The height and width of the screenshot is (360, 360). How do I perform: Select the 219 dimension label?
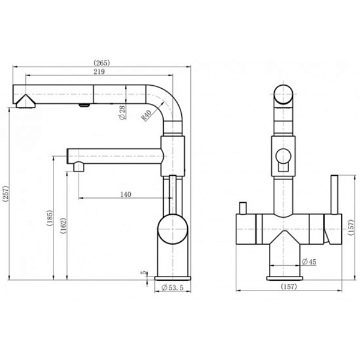tap(100, 73)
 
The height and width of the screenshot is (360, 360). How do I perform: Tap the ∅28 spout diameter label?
tap(122, 112)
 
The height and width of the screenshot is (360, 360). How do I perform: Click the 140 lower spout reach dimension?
tap(126, 194)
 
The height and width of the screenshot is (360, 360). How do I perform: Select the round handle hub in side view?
tap(173, 229)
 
